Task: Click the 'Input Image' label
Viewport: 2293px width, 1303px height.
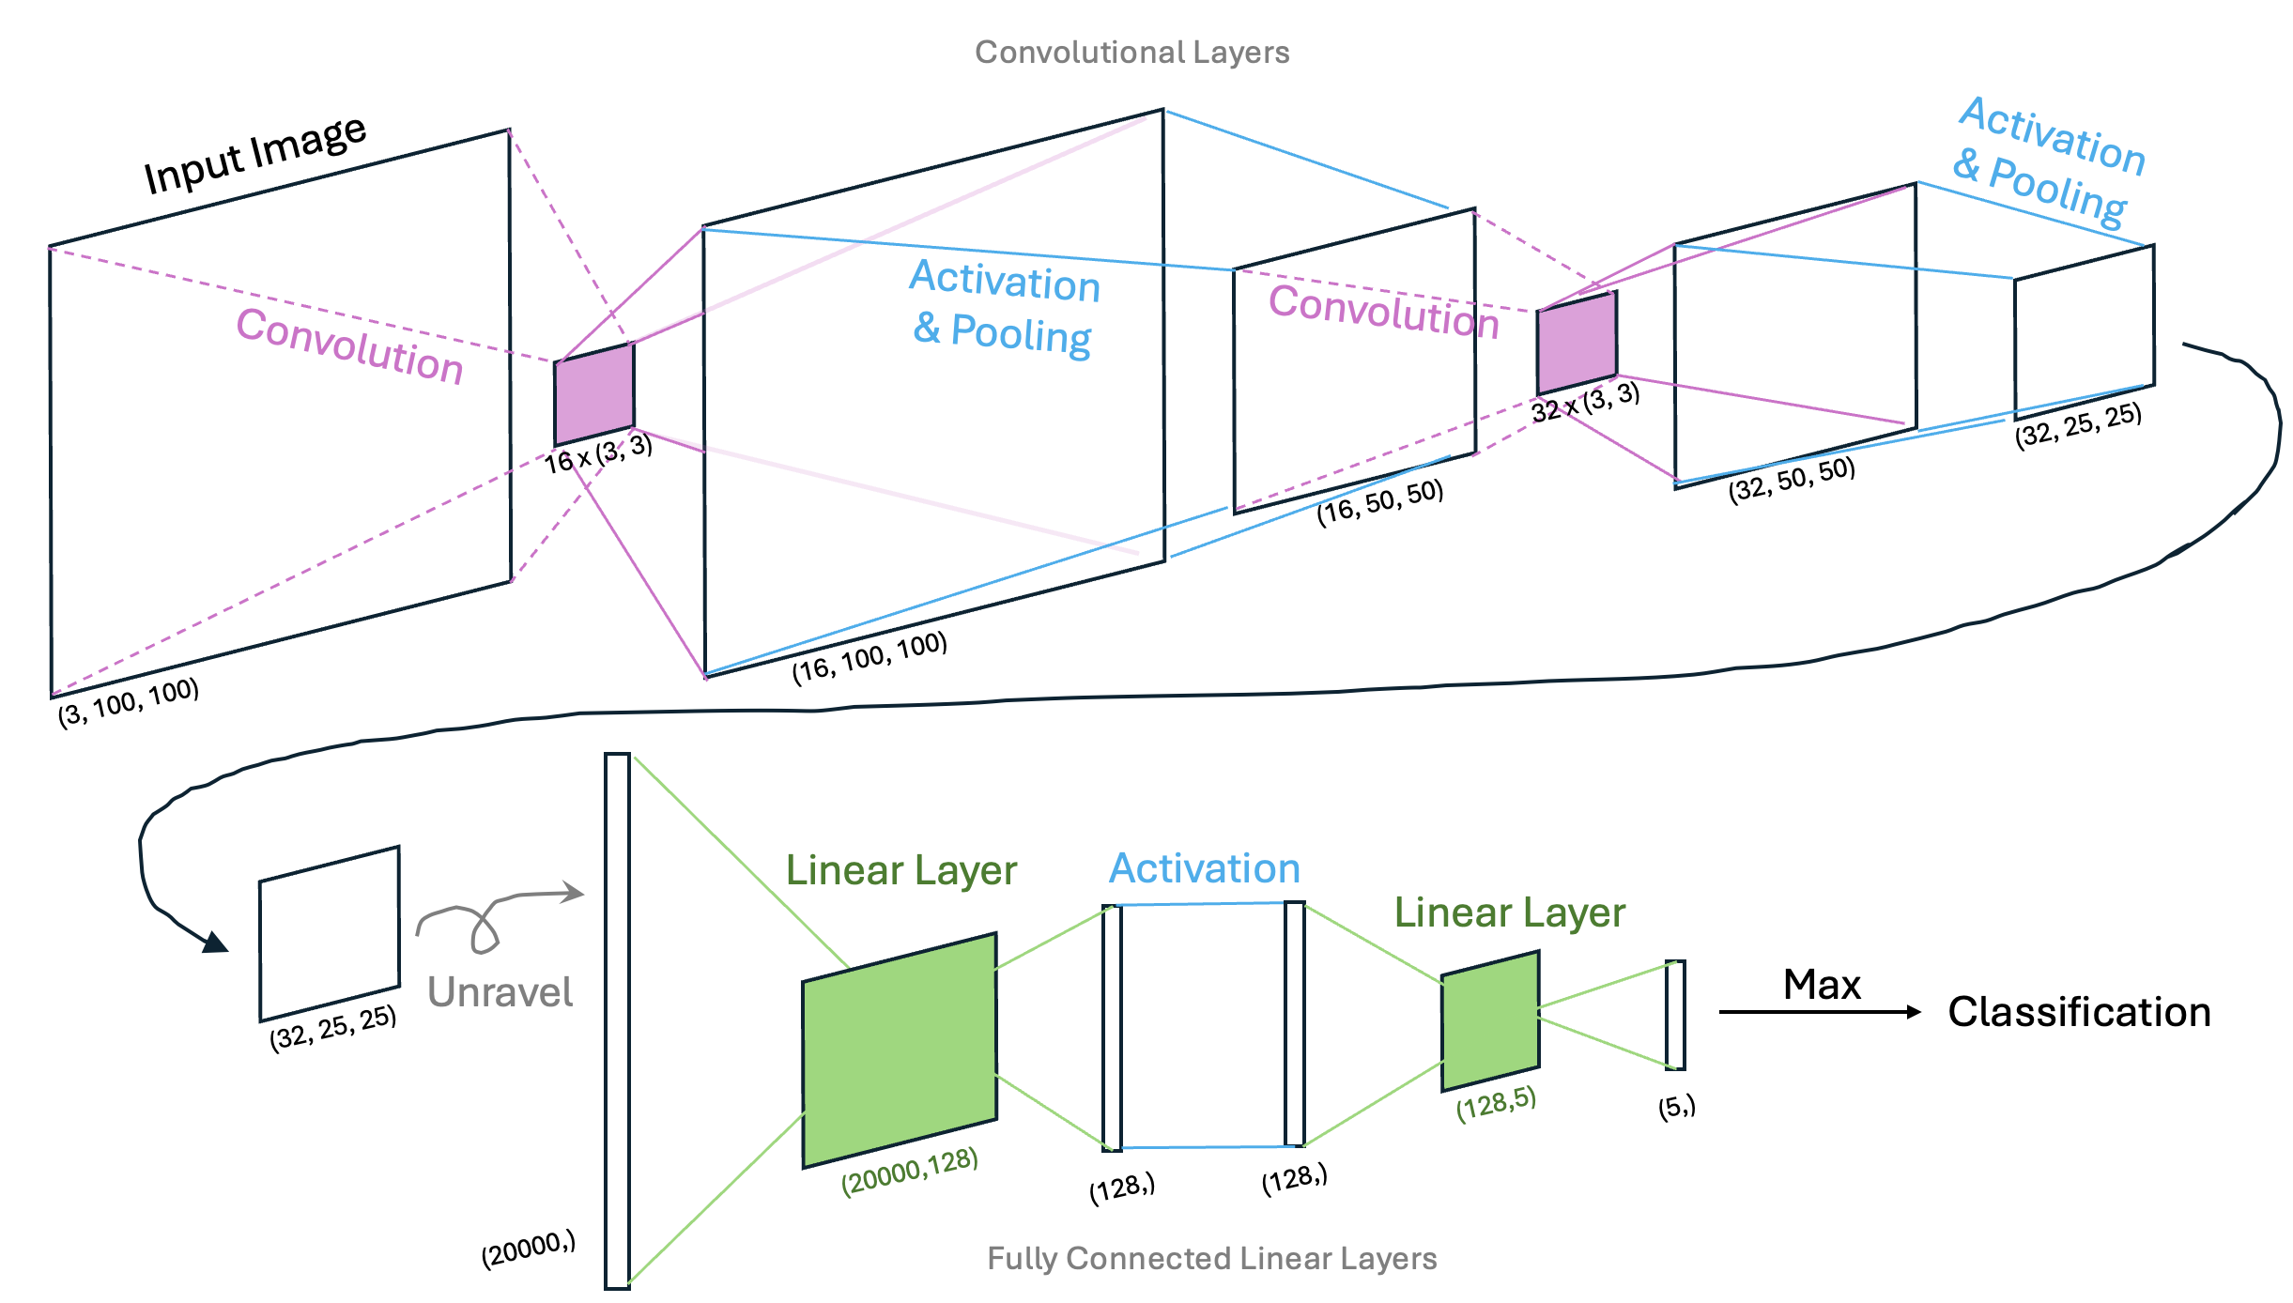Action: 254,156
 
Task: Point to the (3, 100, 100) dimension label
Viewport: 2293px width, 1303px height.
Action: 129,702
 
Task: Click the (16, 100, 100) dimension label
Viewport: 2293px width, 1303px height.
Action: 869,657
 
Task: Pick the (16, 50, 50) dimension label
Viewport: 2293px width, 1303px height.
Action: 1379,502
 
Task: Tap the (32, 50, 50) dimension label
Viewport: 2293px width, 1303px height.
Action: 1792,480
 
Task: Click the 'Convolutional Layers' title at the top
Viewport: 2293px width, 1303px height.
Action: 1131,53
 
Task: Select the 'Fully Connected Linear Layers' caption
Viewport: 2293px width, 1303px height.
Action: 1211,1258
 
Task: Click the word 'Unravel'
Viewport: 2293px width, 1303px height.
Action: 500,992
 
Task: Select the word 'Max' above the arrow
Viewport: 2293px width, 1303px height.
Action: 1822,985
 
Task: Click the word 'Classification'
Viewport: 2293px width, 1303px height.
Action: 2079,1012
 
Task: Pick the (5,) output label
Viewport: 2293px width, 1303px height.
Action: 1676,1107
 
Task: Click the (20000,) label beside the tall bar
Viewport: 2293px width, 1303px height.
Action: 529,1249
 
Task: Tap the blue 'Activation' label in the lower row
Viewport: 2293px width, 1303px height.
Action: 1205,868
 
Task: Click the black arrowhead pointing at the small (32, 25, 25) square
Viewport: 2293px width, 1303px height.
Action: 216,943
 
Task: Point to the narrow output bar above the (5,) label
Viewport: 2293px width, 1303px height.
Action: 1675,1015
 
